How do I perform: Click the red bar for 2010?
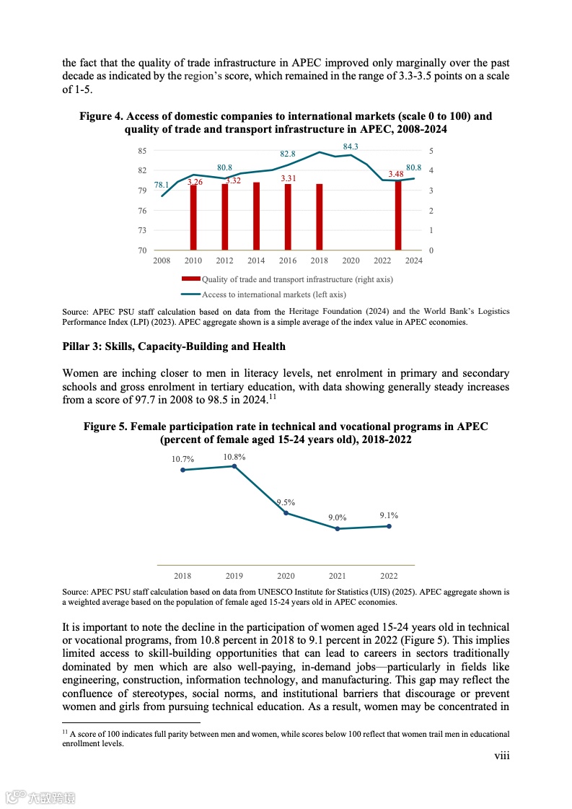tap(193, 217)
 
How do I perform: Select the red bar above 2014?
tap(256, 216)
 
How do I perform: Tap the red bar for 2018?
tap(319, 217)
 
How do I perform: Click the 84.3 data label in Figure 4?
tap(351, 147)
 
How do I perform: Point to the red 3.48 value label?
tap(395, 174)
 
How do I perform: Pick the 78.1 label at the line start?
tap(162, 185)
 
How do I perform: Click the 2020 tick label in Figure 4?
tap(351, 261)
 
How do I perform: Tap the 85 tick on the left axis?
tap(142, 151)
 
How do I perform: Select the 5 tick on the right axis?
tap(431, 151)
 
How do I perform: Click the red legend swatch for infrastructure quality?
tap(190, 279)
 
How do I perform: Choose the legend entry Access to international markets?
tap(273, 294)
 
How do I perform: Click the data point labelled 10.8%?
tap(234, 466)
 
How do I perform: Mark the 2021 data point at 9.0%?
tap(337, 529)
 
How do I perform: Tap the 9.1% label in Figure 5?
tap(389, 515)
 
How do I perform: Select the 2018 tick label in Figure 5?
tap(182, 576)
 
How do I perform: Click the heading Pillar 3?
tap(174, 346)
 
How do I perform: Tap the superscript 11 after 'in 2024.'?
tap(272, 396)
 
